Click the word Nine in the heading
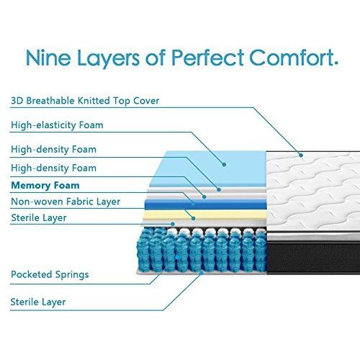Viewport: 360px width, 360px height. click(48, 58)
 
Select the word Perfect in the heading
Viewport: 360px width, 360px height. click(208, 58)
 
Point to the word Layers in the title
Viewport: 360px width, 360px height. click(108, 59)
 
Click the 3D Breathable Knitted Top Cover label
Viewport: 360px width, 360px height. click(85, 101)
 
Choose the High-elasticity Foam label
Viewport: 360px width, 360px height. click(57, 125)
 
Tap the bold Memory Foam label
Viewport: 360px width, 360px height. click(45, 185)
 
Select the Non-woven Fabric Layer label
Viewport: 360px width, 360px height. click(66, 202)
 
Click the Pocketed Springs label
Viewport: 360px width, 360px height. click(50, 274)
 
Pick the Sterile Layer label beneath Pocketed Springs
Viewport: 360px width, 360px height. click(38, 302)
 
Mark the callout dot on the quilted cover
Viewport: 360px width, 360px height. click(301, 156)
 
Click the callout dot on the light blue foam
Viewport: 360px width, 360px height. click(224, 165)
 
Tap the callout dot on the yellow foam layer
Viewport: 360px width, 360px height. click(194, 218)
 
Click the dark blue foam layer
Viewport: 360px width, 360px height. click(206, 204)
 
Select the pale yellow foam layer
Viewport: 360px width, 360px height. click(204, 215)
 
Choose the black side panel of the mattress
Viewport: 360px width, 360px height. click(313, 258)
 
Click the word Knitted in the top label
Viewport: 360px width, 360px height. click(94, 101)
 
